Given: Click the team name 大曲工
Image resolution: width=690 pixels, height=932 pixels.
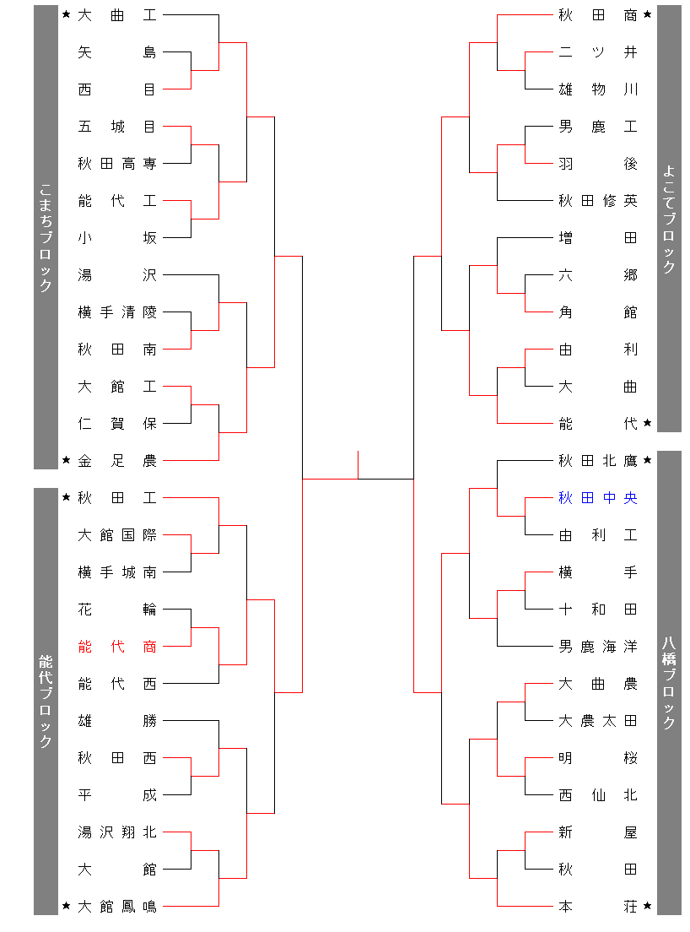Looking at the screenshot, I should pyautogui.click(x=116, y=15).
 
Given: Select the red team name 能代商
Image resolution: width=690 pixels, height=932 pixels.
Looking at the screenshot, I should pyautogui.click(x=116, y=647).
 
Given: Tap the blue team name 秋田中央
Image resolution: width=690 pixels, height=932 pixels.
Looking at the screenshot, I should pyautogui.click(x=597, y=498).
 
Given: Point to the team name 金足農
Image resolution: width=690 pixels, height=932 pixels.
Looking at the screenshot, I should pyautogui.click(x=116, y=461).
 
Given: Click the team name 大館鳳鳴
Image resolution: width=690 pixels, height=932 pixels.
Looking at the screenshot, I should pyautogui.click(x=116, y=907).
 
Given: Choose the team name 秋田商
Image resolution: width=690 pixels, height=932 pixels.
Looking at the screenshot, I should pyautogui.click(x=597, y=15).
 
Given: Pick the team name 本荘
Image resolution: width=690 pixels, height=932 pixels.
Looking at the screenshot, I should pyautogui.click(x=597, y=907).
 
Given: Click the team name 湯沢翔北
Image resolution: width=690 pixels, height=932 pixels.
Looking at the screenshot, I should pyautogui.click(x=116, y=832).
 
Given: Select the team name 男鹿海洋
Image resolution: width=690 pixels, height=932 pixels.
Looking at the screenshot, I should pyautogui.click(x=597, y=647).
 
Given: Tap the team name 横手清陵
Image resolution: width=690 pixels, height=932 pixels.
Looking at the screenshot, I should pyautogui.click(x=116, y=312).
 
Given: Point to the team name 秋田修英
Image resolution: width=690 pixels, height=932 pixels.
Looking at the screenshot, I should pyautogui.click(x=597, y=201).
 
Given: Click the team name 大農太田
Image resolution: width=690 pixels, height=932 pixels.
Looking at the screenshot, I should pyautogui.click(x=597, y=721).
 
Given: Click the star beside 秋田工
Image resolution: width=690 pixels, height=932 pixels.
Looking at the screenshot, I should pyautogui.click(x=67, y=497).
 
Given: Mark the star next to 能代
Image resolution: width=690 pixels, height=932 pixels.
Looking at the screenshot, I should pyautogui.click(x=647, y=423).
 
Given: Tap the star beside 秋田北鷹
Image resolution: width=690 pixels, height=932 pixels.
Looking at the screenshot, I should pyautogui.click(x=647, y=460).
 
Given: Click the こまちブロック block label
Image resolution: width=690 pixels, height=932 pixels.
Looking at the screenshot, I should pyautogui.click(x=46, y=237).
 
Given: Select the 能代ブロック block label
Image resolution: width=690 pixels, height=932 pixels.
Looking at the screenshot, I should pyautogui.click(x=46, y=701).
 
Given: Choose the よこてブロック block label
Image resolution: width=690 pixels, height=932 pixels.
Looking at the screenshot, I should pyautogui.click(x=669, y=219).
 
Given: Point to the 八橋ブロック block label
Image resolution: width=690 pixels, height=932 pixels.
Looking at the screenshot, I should pyautogui.click(x=669, y=682).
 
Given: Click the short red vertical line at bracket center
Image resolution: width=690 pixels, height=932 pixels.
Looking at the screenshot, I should pyautogui.click(x=358, y=464).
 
